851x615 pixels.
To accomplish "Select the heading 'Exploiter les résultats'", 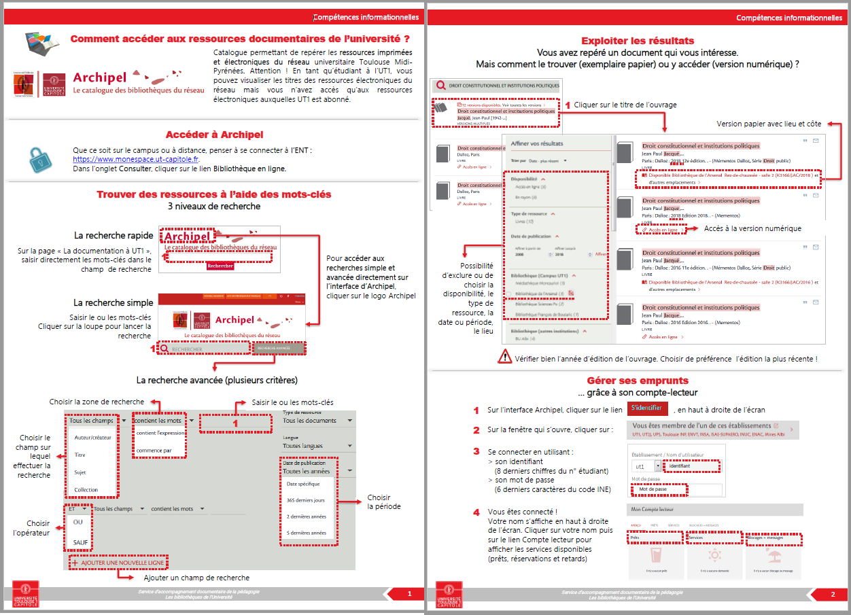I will tap(638, 41).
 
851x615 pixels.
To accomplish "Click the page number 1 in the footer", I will tap(409, 594).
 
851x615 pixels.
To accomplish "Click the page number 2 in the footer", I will tap(833, 595).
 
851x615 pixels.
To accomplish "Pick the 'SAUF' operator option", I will tap(80, 542).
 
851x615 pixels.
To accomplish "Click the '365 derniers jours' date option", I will tap(306, 500).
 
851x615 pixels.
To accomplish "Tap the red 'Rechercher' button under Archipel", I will tap(220, 266).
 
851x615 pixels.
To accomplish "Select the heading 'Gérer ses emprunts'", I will tap(638, 381).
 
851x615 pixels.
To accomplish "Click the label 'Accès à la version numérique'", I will tap(752, 228).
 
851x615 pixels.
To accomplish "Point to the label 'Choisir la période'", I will tap(384, 502).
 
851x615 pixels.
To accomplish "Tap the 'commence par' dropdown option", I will tap(154, 450).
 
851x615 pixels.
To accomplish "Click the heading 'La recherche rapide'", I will tap(113, 235).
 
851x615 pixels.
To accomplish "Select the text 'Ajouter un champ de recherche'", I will tap(196, 578).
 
